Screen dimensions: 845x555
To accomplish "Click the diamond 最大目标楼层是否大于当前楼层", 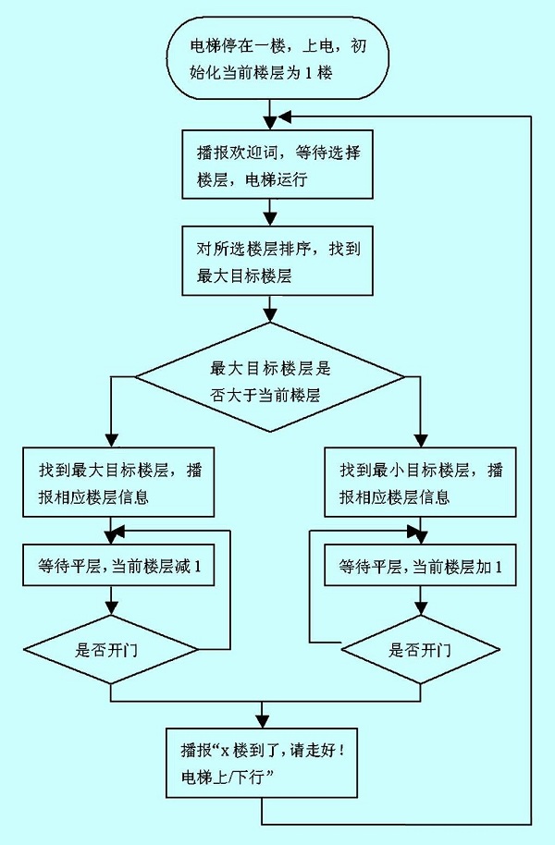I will click(x=269, y=377).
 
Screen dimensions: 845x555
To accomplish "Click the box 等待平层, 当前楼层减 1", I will click(x=116, y=565).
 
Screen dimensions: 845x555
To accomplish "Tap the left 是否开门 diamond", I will click(x=111, y=649).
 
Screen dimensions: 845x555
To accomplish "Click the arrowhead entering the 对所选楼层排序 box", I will click(x=268, y=219).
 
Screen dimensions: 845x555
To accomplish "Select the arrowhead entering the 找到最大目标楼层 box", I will click(x=111, y=439).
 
